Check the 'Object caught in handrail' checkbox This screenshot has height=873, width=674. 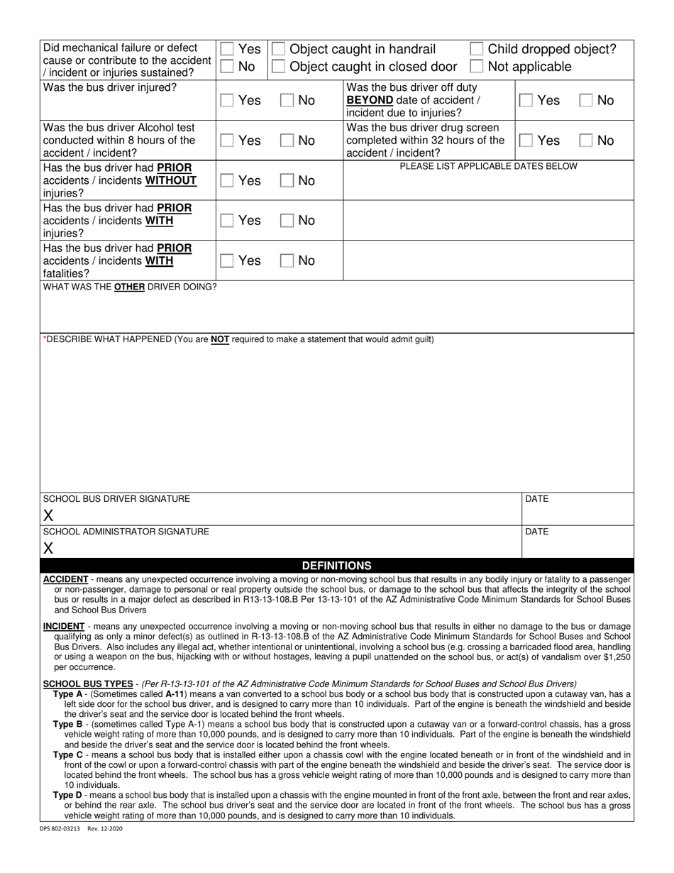point(279,49)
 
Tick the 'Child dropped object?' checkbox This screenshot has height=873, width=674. point(477,49)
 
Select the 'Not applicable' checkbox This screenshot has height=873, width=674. point(477,67)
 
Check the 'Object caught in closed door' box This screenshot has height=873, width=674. point(279,67)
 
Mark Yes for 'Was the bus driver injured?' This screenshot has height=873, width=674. point(227,101)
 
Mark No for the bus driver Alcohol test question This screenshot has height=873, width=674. point(287,141)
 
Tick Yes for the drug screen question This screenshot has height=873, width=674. point(526,141)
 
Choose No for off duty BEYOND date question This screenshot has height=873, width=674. point(586,101)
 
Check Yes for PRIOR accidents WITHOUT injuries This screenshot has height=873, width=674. point(227,181)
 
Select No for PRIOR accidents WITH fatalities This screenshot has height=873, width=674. point(287,261)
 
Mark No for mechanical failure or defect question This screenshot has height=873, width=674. point(227,67)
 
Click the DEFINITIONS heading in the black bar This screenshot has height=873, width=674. point(336,566)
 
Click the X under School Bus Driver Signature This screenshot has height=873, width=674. point(48,515)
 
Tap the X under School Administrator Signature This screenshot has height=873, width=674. point(48,548)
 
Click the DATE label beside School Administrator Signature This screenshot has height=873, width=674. point(537,532)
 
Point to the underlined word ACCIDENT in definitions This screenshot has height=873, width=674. point(66,579)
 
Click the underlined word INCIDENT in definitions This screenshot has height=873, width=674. point(64,627)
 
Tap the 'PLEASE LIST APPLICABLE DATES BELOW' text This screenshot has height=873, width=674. point(488,166)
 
